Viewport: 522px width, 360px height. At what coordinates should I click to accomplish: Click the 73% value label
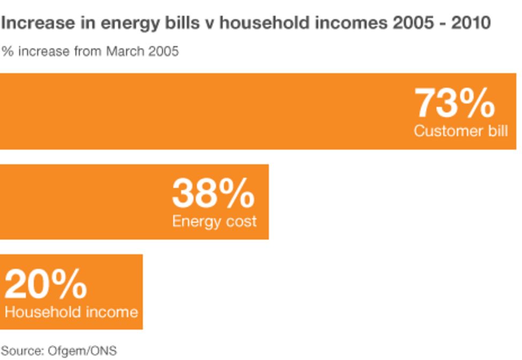coord(455,103)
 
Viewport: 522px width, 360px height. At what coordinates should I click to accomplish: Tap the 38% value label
coord(213,194)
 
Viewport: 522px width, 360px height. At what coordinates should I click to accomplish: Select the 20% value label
coord(45,284)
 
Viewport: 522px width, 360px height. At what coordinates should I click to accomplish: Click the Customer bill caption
coord(460,131)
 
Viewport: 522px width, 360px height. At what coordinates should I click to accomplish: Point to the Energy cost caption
coord(214,221)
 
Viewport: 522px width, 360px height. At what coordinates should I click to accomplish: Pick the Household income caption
coord(71,312)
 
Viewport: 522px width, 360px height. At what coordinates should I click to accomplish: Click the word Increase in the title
coord(30,24)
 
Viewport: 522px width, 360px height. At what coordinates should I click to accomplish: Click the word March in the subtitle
coord(126,52)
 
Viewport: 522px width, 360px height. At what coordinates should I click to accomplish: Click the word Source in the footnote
coord(22,351)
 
